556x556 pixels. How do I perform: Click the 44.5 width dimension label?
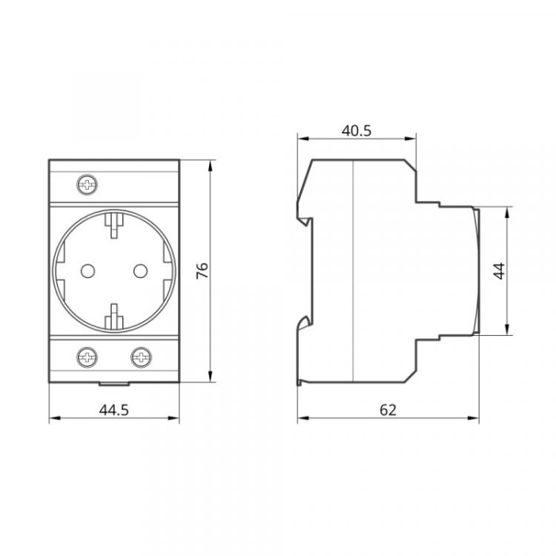(114, 410)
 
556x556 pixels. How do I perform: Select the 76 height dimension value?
(203, 271)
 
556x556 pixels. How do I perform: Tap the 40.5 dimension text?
(357, 131)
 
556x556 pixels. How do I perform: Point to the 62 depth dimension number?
(388, 410)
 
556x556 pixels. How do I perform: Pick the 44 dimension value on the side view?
(500, 271)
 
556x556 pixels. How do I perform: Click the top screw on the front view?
(87, 185)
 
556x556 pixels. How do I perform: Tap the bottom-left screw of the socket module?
(87, 357)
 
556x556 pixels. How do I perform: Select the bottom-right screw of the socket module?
(141, 357)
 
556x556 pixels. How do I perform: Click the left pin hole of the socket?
(87, 272)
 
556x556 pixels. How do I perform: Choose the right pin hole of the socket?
(141, 272)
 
